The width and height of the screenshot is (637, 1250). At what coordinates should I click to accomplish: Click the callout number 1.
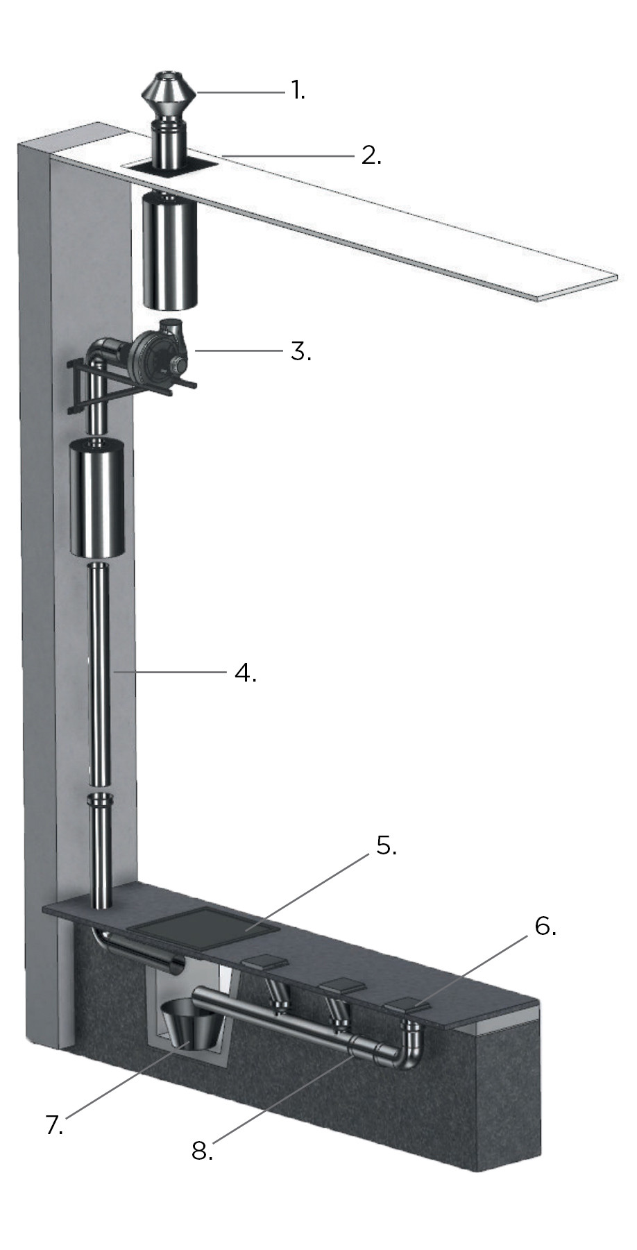[x=298, y=90]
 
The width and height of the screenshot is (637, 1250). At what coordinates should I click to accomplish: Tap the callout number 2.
[x=371, y=154]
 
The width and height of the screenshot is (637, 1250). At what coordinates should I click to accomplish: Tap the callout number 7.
[x=54, y=1124]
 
